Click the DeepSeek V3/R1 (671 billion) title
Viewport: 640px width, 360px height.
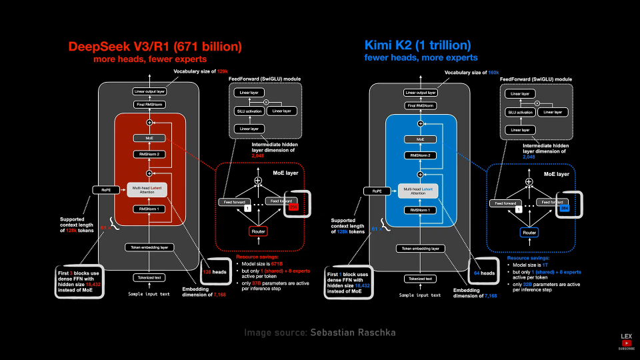(155, 47)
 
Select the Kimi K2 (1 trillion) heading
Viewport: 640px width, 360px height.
(417, 45)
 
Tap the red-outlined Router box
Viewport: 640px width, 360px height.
(258, 231)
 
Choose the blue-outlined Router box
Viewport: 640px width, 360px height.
(529, 232)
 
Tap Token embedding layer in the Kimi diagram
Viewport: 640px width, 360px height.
(420, 248)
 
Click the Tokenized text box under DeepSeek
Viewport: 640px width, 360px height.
(149, 277)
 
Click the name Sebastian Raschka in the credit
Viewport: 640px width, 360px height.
(353, 331)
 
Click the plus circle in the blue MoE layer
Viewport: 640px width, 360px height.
(529, 181)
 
